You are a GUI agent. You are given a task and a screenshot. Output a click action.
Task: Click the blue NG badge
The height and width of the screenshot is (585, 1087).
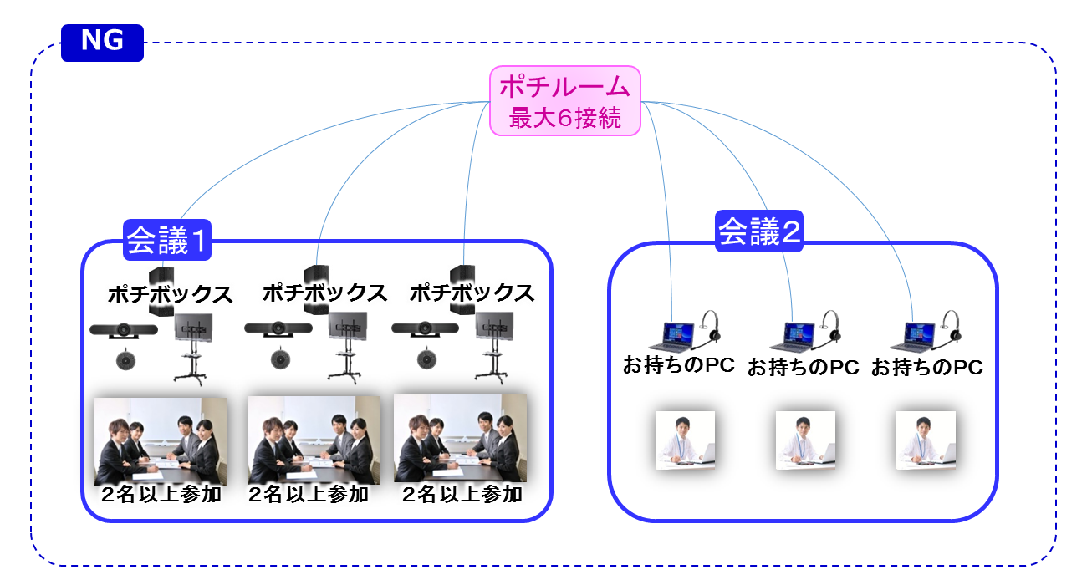click(x=102, y=43)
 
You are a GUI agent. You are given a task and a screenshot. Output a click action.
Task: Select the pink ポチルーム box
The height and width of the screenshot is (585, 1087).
click(x=565, y=101)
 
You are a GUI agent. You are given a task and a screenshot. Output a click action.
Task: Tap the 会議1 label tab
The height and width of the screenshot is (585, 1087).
click(x=167, y=240)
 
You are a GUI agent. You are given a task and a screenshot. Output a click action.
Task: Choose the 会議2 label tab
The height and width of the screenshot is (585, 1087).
click(x=759, y=231)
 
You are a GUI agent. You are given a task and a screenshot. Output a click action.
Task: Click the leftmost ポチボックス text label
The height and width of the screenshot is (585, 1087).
click(x=170, y=294)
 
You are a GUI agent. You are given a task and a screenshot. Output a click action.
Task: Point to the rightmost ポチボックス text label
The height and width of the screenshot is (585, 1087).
click(x=472, y=293)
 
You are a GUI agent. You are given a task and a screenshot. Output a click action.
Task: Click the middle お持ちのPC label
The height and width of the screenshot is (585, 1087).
click(x=803, y=367)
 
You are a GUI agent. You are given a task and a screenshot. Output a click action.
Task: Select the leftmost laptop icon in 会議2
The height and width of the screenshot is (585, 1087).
click(x=672, y=337)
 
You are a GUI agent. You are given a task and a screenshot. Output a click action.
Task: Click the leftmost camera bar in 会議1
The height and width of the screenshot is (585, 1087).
click(x=124, y=330)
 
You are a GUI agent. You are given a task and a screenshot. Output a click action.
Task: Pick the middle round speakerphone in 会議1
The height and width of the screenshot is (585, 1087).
click(x=280, y=359)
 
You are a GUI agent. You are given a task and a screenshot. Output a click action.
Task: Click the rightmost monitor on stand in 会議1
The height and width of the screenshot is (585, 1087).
click(x=493, y=348)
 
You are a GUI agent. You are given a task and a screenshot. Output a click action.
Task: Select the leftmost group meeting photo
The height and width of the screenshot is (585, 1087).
click(x=161, y=441)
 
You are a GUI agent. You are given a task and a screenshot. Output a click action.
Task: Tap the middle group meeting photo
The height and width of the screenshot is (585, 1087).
click(x=314, y=440)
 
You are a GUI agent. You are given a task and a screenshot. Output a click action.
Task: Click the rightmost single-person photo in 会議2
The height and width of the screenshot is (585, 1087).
click(x=926, y=440)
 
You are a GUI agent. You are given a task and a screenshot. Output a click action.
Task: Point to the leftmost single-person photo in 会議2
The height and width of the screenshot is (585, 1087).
click(x=685, y=440)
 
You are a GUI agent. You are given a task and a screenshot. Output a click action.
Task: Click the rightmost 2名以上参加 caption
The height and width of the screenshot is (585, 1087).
click(x=462, y=494)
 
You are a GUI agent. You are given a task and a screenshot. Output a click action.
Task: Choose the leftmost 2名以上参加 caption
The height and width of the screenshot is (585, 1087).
click(x=161, y=494)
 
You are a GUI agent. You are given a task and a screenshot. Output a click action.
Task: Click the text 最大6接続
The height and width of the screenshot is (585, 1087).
click(x=565, y=118)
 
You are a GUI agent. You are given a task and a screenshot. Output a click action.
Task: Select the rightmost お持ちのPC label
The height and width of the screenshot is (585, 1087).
click(x=926, y=367)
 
